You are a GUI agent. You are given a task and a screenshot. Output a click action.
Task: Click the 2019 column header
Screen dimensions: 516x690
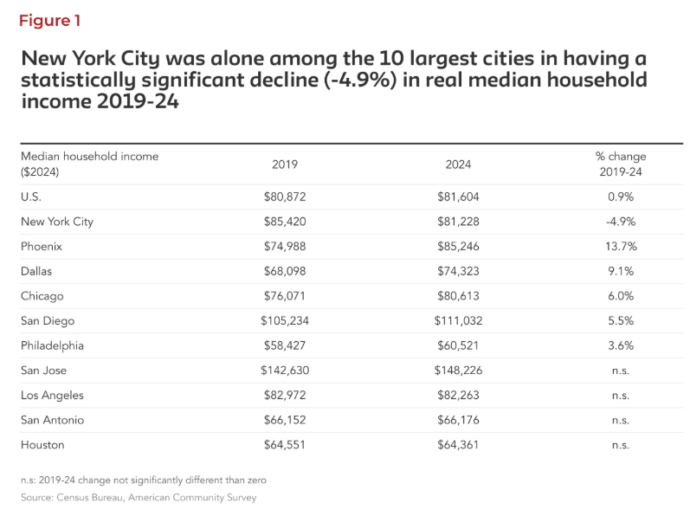285,164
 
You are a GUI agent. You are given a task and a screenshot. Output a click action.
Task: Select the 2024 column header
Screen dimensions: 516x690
458,164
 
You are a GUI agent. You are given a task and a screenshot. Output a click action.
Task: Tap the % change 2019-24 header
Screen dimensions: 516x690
620,164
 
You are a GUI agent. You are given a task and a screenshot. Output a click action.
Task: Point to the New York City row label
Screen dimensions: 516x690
57,222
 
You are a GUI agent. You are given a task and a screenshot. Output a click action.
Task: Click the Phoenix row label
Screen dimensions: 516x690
42,246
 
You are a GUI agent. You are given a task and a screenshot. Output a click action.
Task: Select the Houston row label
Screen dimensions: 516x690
42,445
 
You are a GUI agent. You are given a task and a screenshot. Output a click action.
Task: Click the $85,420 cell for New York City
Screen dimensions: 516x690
285,222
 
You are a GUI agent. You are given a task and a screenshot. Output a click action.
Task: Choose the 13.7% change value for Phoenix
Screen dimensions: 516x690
620,246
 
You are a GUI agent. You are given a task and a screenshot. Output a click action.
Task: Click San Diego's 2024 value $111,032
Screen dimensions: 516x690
458,320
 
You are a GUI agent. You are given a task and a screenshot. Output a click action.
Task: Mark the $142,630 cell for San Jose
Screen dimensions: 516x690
285,371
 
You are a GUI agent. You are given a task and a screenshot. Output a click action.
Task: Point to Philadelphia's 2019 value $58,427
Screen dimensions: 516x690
285,345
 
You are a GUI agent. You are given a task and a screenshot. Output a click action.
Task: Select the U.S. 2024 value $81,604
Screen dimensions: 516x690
458,197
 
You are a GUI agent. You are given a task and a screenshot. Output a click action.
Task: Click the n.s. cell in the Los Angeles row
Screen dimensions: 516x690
620,396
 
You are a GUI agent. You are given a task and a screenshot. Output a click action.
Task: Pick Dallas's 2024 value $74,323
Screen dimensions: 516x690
458,271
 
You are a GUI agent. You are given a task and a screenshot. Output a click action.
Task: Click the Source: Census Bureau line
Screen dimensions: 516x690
139,498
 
